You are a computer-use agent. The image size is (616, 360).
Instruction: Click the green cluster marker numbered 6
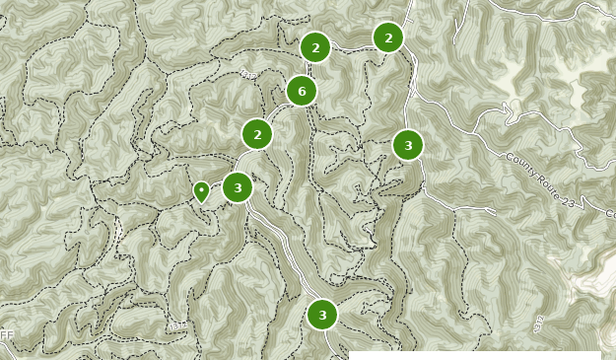point(302,91)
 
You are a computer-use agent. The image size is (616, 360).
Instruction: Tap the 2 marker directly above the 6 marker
point(315,47)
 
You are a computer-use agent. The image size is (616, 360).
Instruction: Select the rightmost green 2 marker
point(388,37)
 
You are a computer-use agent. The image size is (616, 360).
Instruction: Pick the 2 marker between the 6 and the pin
point(257,134)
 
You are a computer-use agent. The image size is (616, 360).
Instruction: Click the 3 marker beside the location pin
point(238,187)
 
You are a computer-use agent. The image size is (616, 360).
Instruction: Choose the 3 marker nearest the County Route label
point(408,145)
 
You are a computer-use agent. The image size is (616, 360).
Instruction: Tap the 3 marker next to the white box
point(322,315)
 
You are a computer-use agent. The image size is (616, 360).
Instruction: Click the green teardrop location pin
point(201,190)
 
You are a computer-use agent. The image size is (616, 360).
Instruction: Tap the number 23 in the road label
point(569,201)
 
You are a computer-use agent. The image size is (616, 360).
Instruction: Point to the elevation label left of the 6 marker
point(247,74)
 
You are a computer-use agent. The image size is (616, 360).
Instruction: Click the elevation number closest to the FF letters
point(177,325)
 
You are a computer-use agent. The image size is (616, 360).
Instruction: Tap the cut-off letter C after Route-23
point(610,214)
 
